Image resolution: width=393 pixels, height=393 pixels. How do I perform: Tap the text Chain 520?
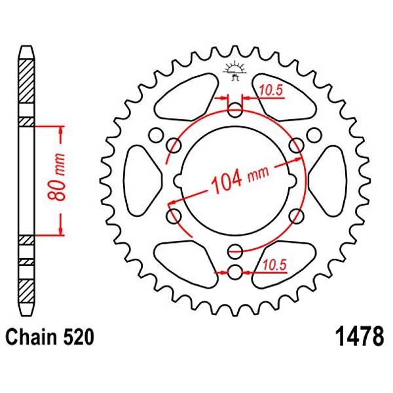[x=50, y=337]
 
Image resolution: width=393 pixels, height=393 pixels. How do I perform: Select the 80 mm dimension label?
[x=56, y=178]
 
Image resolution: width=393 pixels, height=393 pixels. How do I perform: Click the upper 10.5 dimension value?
[x=271, y=90]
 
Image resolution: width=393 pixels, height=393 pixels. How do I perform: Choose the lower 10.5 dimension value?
[x=274, y=265]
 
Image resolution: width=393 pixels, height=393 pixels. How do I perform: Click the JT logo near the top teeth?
[x=235, y=71]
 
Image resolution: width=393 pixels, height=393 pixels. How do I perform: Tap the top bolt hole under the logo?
[x=235, y=110]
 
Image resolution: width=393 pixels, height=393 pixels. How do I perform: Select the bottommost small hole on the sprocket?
[x=235, y=272]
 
